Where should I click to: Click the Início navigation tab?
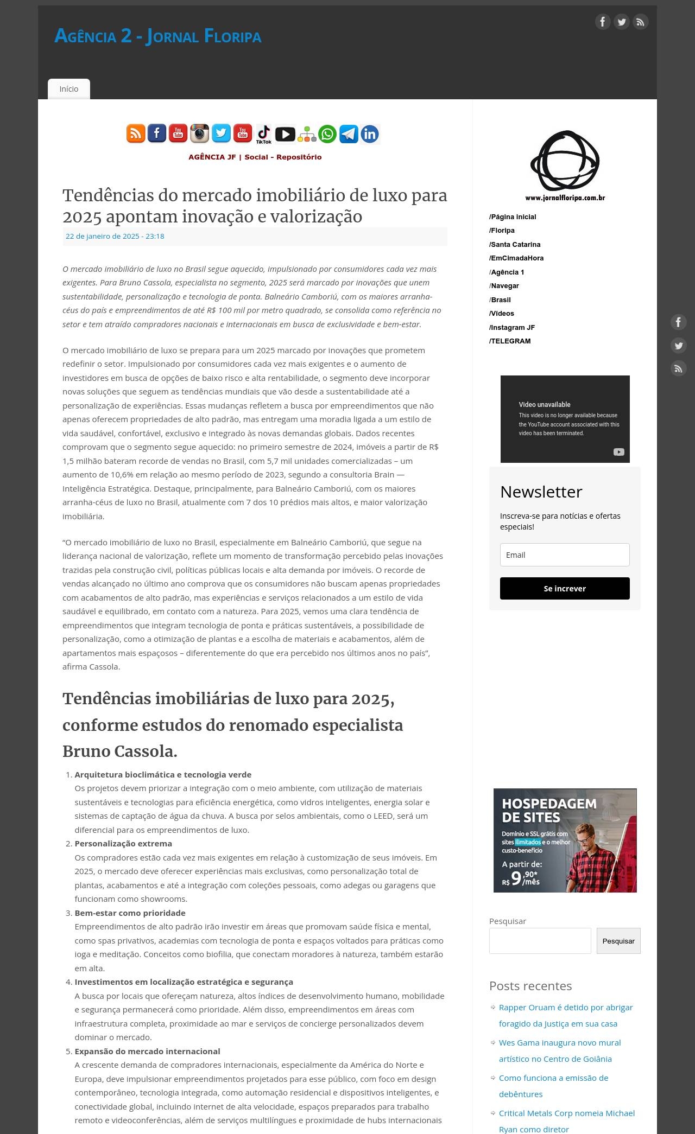coord(69,89)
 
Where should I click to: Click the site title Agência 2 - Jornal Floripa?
coord(157,36)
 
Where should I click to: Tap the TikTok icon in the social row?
coord(264,133)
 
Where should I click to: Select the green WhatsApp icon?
coord(327,133)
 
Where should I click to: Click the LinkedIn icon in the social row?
coord(370,133)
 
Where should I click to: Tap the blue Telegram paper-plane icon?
coord(349,133)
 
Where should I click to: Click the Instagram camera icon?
coord(199,133)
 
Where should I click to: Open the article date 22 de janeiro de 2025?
coord(115,236)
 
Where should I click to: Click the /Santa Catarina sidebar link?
coord(515,245)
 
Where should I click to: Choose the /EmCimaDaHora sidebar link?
coord(516,258)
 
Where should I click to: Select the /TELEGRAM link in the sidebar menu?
coord(510,341)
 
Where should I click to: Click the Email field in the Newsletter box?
coord(565,555)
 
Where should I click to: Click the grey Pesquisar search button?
coord(618,941)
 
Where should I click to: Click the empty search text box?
coord(540,941)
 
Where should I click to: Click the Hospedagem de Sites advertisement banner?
coord(565,840)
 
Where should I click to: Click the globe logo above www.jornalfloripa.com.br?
coord(565,161)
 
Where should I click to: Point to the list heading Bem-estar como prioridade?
coord(130,913)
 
